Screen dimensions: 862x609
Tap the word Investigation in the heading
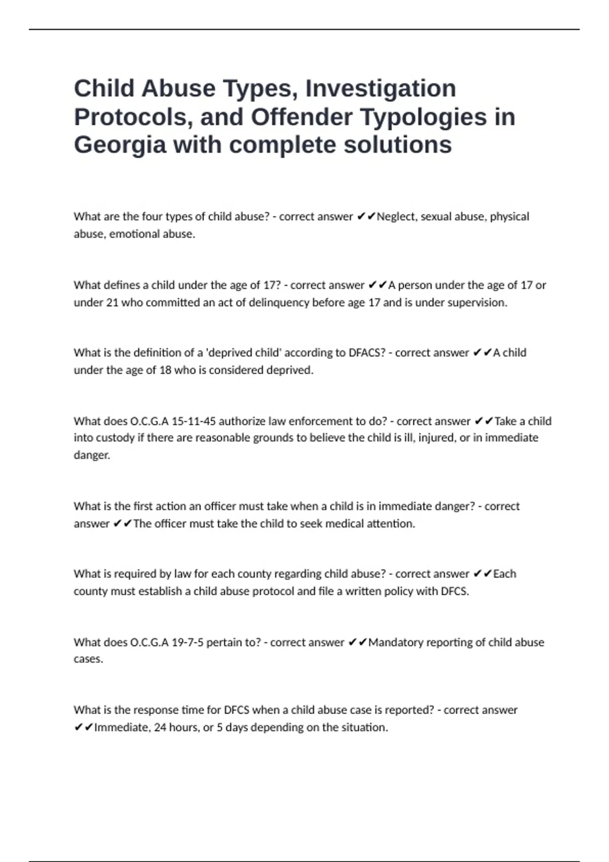coord(380,88)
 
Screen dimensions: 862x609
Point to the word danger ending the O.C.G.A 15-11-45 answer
coord(91,455)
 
